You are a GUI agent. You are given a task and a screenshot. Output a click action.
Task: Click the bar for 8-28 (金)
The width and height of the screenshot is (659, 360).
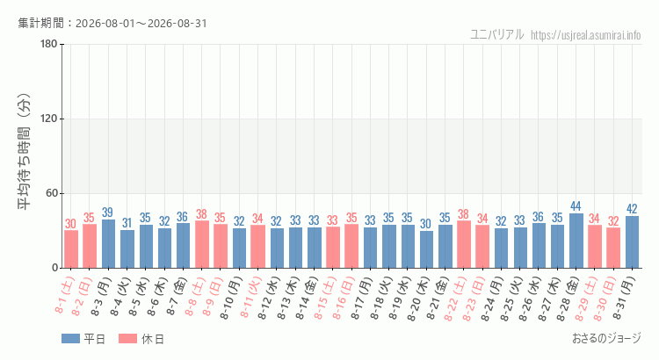point(576,241)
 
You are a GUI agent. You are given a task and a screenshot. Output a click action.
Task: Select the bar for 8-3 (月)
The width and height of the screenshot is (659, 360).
point(108,243)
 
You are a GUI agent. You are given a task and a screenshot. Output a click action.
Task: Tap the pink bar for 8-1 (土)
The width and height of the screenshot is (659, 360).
point(71,249)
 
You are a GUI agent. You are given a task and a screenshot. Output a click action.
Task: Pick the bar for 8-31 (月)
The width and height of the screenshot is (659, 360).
point(632,242)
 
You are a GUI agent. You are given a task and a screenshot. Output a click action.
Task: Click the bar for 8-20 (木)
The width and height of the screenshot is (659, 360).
point(426,249)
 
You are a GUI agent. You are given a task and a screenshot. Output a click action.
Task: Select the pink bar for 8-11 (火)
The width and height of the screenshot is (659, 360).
point(258,247)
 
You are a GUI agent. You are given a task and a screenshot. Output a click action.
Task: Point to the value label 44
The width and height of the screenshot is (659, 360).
point(576,206)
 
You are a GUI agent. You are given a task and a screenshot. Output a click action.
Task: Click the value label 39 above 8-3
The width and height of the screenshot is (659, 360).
point(107,212)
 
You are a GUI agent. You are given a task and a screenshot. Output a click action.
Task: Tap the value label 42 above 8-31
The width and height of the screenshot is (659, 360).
point(632,209)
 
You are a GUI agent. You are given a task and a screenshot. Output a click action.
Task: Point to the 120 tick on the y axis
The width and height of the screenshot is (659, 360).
point(48,119)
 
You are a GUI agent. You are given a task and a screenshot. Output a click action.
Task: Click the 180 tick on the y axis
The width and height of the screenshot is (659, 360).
point(48,44)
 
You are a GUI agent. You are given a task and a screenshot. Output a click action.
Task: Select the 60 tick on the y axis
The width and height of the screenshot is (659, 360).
point(52,193)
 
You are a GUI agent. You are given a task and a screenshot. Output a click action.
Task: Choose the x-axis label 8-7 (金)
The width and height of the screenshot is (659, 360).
point(177,294)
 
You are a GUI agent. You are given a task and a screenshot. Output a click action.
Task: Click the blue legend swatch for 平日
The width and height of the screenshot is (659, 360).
point(70,339)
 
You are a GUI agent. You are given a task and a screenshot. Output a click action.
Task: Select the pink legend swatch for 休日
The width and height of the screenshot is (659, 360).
point(127,339)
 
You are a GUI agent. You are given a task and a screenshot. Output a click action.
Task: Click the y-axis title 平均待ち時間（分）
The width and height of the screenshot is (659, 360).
point(24,151)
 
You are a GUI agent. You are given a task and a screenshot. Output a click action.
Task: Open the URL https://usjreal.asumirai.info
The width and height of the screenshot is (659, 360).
point(586,35)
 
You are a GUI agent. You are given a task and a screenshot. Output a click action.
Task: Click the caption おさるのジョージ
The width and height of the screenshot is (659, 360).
point(607,338)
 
